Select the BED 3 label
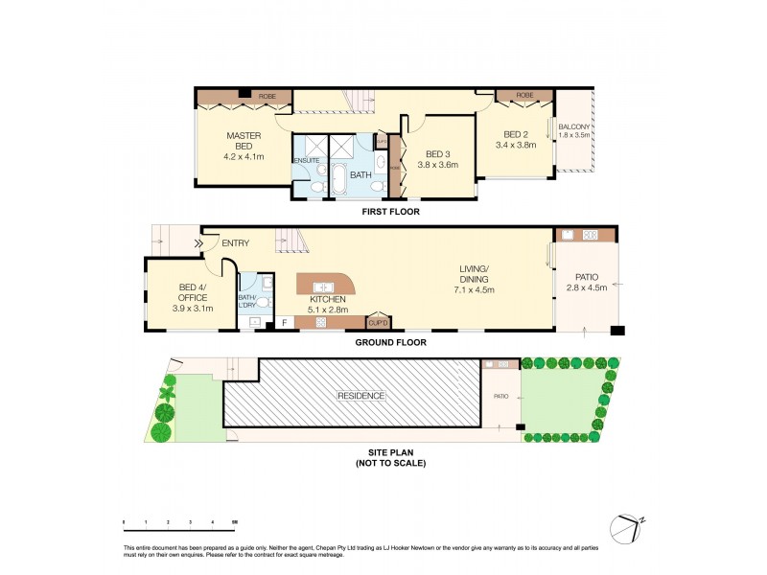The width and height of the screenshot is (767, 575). (437, 154)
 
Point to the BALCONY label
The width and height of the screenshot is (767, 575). (574, 127)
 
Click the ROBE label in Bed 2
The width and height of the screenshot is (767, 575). (524, 96)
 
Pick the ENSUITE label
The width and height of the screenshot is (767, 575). (307, 160)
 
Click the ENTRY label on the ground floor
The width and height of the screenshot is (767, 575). (235, 243)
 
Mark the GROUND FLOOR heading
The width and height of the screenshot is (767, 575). (390, 342)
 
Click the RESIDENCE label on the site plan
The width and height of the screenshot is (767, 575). (360, 396)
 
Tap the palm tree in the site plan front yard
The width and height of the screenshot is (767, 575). (170, 390)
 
